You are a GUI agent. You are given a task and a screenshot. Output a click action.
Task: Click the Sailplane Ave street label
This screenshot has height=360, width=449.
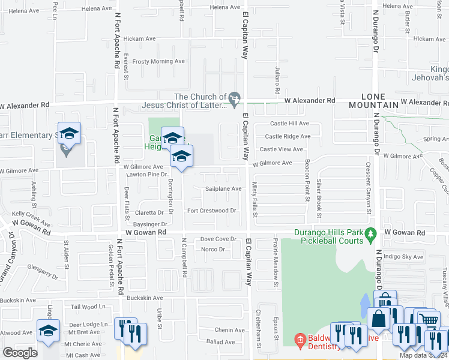point(223,188)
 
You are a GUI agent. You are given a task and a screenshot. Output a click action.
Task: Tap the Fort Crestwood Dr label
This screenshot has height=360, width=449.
point(212,211)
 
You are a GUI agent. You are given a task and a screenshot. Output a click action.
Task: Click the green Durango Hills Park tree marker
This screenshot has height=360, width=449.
point(371,233)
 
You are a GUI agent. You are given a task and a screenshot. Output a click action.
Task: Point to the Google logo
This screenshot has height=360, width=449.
point(19,353)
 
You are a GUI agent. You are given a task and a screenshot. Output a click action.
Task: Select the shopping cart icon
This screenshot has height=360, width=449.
point(429,320)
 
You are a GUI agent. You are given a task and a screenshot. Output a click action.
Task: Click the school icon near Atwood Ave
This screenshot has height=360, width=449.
point(48,331)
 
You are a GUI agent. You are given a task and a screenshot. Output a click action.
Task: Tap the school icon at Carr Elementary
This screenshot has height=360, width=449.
point(69,133)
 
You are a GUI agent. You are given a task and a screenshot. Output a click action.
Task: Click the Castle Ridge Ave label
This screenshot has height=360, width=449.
point(288,136)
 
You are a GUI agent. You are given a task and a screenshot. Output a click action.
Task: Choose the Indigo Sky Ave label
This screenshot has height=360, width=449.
point(403,257)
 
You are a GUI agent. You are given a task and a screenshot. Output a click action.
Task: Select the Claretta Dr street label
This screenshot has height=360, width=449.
point(149,212)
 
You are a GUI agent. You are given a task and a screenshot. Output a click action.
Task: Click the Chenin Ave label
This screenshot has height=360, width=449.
point(230,330)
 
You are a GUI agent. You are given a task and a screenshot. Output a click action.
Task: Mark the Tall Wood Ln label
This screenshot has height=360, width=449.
point(88,307)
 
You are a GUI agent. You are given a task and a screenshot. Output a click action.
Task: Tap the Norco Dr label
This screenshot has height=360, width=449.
point(212,249)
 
